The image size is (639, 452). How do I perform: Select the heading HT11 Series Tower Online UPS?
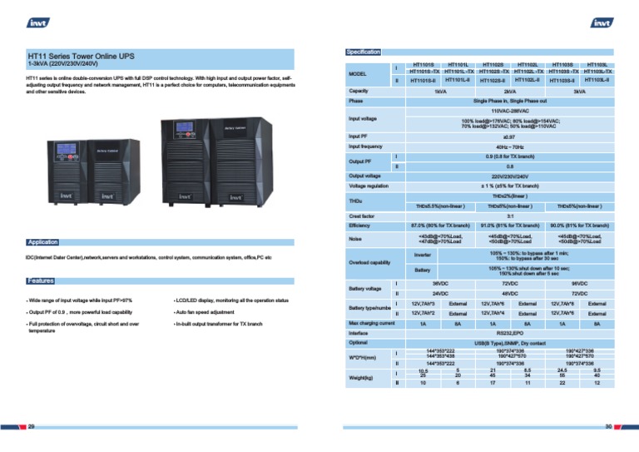81,56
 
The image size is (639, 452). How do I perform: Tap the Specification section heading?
363,52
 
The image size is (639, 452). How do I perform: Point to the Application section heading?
42,242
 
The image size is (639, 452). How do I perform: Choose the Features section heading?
40,281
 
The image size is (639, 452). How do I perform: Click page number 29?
32,426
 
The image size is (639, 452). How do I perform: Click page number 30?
608,426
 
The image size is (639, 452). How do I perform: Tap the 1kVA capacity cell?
440,90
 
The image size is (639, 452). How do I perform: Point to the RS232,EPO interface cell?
510,332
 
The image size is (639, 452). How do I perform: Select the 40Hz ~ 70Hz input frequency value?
510,146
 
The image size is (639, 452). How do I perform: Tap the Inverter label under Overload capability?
423,254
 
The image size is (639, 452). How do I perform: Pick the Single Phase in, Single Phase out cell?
510,100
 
